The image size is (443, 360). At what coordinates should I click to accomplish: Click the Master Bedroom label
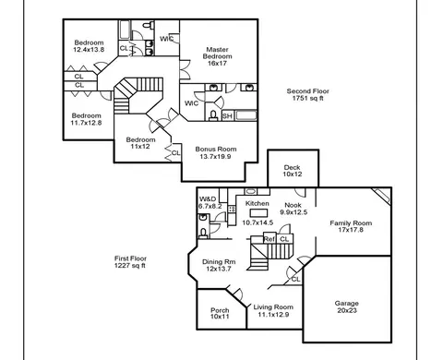(217, 53)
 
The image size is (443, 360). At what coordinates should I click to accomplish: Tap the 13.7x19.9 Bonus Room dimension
(215, 157)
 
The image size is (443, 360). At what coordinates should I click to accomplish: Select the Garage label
(347, 304)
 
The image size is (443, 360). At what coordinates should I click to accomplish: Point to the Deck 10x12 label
(293, 171)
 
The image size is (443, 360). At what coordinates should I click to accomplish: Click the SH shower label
(227, 116)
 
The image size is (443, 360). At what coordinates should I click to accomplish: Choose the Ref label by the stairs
(269, 239)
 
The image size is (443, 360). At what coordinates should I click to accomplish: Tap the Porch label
(220, 310)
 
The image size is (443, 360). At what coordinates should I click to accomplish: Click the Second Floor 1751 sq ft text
(308, 95)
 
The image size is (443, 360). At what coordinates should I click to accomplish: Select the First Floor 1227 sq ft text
(130, 262)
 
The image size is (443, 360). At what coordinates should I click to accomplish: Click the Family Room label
(351, 223)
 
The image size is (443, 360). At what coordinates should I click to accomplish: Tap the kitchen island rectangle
(258, 213)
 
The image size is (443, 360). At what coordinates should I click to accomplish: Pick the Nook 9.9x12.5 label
(293, 209)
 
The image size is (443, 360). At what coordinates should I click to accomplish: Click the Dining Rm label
(219, 262)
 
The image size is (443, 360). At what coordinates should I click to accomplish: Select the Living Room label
(273, 307)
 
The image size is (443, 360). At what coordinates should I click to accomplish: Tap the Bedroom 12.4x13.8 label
(89, 46)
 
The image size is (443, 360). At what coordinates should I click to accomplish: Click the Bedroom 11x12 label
(140, 143)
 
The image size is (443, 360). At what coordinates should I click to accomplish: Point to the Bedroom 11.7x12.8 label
(87, 119)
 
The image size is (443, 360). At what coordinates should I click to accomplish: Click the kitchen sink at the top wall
(251, 191)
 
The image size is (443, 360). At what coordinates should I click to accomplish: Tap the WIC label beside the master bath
(191, 103)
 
